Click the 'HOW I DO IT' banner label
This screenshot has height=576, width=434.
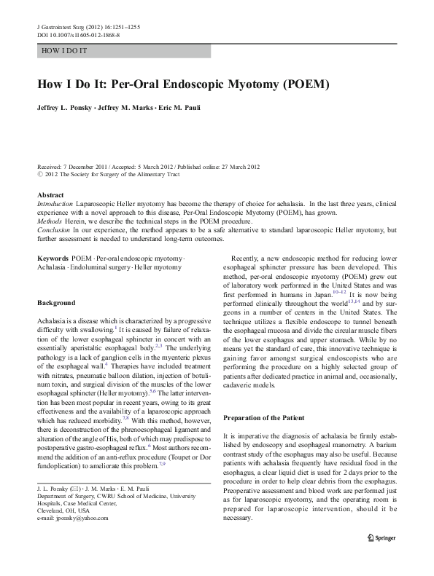(65, 51)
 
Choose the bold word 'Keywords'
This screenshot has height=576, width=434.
(53, 259)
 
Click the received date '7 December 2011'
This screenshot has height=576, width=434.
(85, 167)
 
